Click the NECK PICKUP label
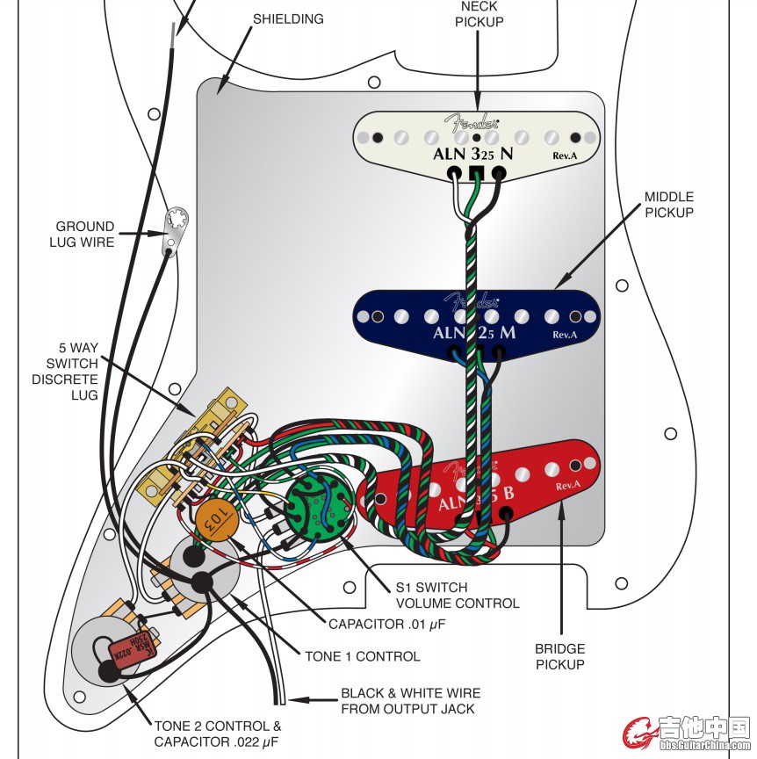479,14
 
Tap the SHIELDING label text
287,18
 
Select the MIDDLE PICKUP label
668,205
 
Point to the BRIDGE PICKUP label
559,657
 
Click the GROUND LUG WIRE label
85,234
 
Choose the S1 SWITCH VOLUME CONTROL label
457,595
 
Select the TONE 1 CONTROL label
362,656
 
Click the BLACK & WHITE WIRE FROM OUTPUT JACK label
408,700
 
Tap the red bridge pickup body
544,470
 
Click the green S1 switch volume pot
320,507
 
